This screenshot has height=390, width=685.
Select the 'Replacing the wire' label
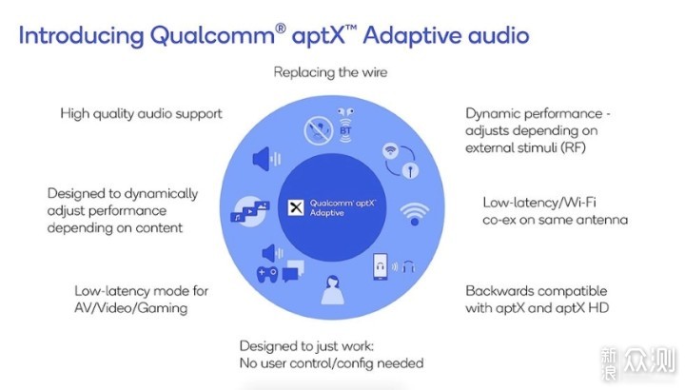pos(330,72)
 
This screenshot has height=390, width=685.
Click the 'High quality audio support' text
pos(141,114)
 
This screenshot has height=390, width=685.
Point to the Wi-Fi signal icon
pos(414,214)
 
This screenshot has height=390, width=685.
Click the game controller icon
pos(267,275)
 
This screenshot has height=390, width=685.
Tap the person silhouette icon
pos(332,289)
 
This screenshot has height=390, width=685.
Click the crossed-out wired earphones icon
pos(319,130)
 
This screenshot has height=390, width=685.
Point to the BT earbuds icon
pos(345,126)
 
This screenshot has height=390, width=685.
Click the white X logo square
pos(296,207)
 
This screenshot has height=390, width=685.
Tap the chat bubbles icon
pos(293,271)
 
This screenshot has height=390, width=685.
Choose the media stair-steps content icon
pos(250,210)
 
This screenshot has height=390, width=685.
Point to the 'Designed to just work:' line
pos(306,346)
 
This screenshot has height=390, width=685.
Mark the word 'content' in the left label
pos(159,228)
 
